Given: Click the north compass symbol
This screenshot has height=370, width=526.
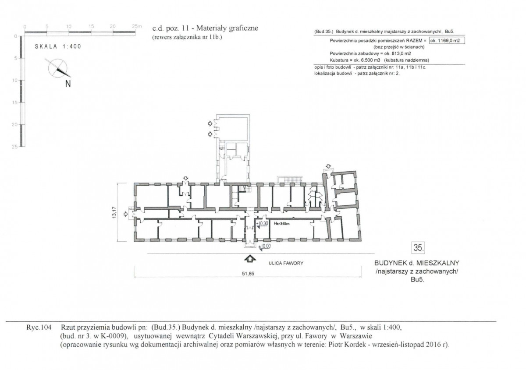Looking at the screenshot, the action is click(x=58, y=68).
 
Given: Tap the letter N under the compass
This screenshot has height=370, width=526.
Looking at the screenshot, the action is click(x=68, y=84).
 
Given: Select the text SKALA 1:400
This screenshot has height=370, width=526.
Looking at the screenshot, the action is click(x=58, y=46).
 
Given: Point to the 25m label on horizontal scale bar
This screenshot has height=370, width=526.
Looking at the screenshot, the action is click(x=137, y=26).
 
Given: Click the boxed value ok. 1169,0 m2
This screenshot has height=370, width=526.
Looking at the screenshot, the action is click(x=447, y=41).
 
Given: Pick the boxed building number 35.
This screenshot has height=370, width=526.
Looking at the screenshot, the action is click(x=418, y=248).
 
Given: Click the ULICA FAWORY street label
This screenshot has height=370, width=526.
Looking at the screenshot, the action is click(x=286, y=263).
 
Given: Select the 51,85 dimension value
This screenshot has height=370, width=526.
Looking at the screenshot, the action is click(x=248, y=274).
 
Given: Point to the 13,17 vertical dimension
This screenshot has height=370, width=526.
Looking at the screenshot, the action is click(x=114, y=212).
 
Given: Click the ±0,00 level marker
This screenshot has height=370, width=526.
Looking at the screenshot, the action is click(x=264, y=247).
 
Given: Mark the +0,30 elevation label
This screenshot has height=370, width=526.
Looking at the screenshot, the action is click(x=262, y=224).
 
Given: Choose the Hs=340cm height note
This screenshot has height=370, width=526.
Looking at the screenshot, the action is click(x=281, y=224).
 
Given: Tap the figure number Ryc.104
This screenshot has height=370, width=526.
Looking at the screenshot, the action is click(x=39, y=327).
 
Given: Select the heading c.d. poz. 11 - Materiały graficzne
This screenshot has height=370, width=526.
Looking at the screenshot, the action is click(x=205, y=28).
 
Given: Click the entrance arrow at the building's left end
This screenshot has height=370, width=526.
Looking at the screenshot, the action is click(x=126, y=214).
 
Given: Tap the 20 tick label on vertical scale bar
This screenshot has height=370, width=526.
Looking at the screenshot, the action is click(x=15, y=125).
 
